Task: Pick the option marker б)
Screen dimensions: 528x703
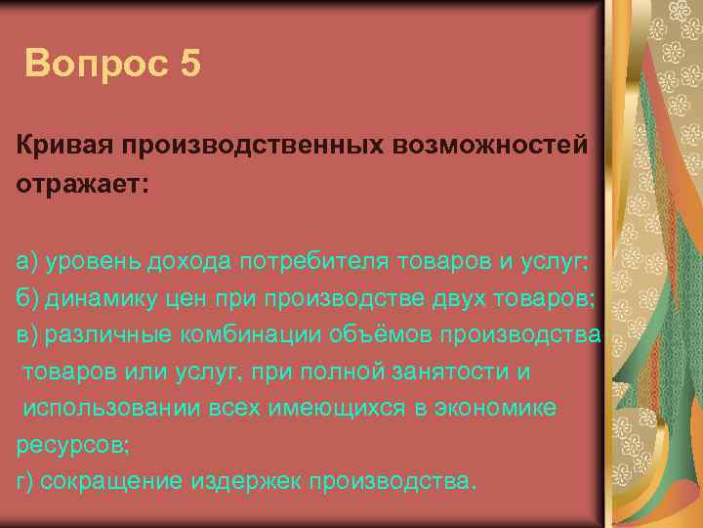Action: (26, 297)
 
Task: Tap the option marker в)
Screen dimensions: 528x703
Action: (26, 334)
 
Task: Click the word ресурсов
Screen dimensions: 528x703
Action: (69, 445)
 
